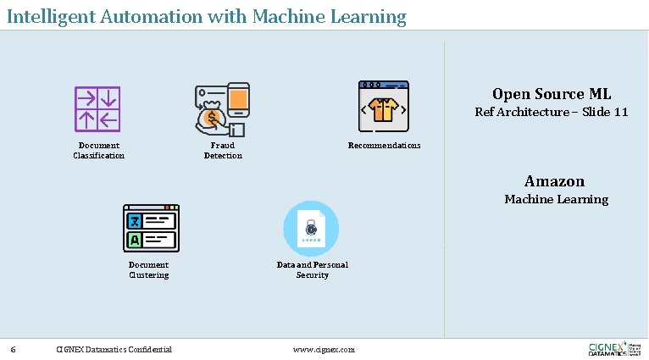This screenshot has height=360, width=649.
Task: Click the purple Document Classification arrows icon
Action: click(97, 109)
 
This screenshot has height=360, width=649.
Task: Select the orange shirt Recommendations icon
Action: click(384, 108)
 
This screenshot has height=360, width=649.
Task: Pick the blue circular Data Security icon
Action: click(311, 229)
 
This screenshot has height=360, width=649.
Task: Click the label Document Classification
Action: click(98, 150)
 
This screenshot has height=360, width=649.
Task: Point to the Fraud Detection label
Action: click(223, 150)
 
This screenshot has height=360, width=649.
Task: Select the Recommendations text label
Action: click(384, 146)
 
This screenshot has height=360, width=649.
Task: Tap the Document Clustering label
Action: click(148, 269)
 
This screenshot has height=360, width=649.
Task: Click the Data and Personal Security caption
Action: click(312, 269)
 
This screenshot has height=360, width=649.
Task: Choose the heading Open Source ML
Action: click(551, 94)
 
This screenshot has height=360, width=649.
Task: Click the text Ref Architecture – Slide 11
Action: click(551, 112)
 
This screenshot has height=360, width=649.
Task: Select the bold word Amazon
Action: click(554, 181)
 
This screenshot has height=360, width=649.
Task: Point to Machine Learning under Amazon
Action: click(556, 199)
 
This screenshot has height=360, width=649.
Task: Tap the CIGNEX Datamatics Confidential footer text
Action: click(114, 349)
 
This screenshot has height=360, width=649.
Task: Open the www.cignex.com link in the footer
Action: click(324, 349)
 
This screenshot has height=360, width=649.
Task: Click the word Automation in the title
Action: click(136, 16)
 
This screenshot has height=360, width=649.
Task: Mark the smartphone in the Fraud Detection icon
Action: click(238, 100)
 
